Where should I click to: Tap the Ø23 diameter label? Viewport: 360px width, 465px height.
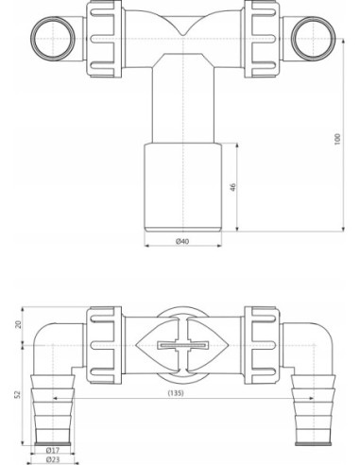pyautogui.click(x=53, y=461)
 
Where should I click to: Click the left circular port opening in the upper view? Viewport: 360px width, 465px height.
pyautogui.click(x=46, y=38)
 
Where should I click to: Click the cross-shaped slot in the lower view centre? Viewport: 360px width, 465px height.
pyautogui.click(x=179, y=343)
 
